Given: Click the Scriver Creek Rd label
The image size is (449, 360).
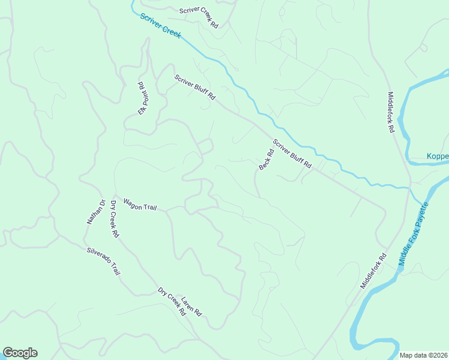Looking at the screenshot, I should click(x=199, y=18).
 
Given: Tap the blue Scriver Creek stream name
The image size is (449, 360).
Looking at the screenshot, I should click(x=160, y=26).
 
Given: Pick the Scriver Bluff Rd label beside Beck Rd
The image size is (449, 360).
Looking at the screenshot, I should click(x=293, y=154).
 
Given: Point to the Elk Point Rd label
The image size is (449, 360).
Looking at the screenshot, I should click(x=143, y=98).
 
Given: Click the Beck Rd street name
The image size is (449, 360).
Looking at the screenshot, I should click(x=266, y=160).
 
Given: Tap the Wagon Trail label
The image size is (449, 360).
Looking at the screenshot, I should click(x=140, y=204).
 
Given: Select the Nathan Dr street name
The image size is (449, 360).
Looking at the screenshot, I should click(x=95, y=212).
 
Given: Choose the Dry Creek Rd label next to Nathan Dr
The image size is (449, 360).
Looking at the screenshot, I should click(x=113, y=218).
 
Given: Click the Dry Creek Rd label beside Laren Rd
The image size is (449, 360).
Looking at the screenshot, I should click(x=172, y=302).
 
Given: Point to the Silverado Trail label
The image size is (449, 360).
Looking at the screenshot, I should click(x=103, y=262).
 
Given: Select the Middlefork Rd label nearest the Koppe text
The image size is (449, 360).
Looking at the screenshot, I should click(x=390, y=112).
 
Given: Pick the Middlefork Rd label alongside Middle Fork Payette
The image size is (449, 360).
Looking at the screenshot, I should click(x=373, y=271).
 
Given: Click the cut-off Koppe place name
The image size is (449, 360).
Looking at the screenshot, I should click(x=437, y=157).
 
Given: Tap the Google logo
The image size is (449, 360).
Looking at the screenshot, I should click(x=20, y=353).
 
